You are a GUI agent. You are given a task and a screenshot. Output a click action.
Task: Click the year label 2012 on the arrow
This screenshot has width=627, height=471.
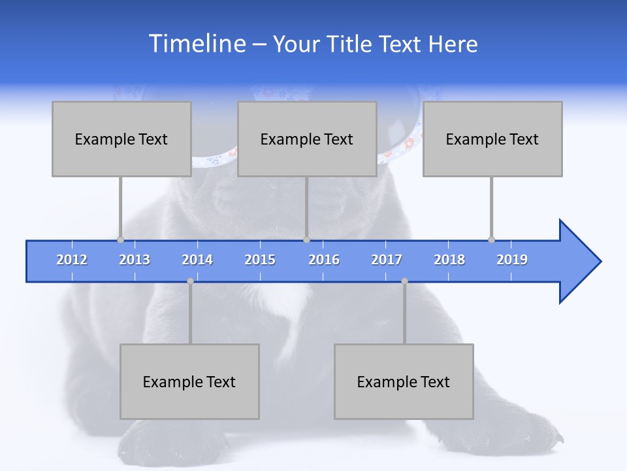[x=72, y=260]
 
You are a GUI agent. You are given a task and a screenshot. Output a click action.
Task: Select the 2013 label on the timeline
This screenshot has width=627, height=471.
[x=135, y=260]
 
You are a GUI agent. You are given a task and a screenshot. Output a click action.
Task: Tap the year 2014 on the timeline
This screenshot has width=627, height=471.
[x=197, y=260]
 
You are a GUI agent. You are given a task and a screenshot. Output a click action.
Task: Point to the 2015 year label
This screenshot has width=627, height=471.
[x=260, y=260]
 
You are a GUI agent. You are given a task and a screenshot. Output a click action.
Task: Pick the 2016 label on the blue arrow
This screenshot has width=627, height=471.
[x=324, y=260]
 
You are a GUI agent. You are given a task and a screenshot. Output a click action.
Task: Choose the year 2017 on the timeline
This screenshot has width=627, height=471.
[x=387, y=260]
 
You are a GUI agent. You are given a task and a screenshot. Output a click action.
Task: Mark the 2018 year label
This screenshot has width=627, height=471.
[x=449, y=260]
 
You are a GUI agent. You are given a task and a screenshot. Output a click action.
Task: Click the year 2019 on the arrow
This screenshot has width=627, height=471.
[x=512, y=260]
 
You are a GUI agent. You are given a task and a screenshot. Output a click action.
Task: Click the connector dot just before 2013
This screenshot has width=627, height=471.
[x=120, y=239]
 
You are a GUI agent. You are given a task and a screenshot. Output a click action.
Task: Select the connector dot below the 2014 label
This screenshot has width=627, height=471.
[x=190, y=281]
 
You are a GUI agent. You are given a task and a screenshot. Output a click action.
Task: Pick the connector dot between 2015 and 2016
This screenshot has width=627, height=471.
[x=306, y=239]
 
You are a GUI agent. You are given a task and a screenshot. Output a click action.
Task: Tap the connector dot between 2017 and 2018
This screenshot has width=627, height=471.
[x=404, y=281]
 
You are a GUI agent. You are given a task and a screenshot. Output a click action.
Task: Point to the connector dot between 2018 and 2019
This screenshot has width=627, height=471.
[x=491, y=239]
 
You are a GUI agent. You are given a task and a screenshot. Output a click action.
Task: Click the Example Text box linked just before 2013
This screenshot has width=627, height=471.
[x=121, y=139]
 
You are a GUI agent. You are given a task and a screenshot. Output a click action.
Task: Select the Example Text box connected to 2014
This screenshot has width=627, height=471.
[x=189, y=381]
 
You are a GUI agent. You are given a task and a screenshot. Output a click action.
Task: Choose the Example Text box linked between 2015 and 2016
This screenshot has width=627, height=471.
[x=307, y=139]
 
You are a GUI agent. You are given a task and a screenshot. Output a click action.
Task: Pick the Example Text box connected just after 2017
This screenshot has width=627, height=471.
[x=404, y=381]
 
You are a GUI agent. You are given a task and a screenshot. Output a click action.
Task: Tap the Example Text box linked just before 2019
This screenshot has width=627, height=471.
[x=492, y=139]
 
